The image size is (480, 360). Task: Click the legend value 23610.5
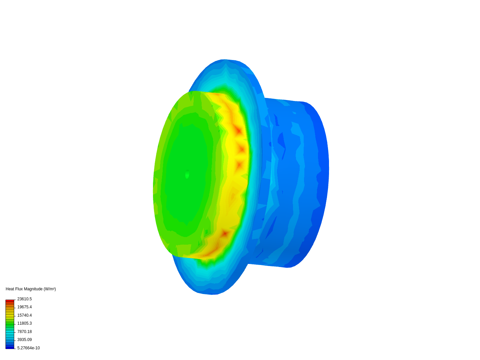(x=24, y=299)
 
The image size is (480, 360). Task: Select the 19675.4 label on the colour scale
(x=24, y=307)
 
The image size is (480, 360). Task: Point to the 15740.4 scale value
(x=24, y=315)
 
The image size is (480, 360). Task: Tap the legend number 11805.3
(x=24, y=323)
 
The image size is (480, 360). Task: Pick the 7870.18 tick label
(x=24, y=332)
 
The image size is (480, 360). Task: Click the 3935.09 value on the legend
(x=24, y=340)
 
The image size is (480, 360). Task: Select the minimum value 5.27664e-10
(x=28, y=348)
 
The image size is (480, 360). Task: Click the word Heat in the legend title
(x=10, y=289)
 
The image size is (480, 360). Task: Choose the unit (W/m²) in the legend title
(x=50, y=289)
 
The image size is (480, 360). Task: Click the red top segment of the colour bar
(x=10, y=301)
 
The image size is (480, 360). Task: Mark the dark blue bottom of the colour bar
(x=10, y=347)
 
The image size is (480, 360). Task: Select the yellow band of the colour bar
(x=10, y=315)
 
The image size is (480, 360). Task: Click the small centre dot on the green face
(x=187, y=174)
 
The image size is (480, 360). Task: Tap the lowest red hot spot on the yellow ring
(x=225, y=233)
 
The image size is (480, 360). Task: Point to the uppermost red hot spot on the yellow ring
(x=238, y=130)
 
